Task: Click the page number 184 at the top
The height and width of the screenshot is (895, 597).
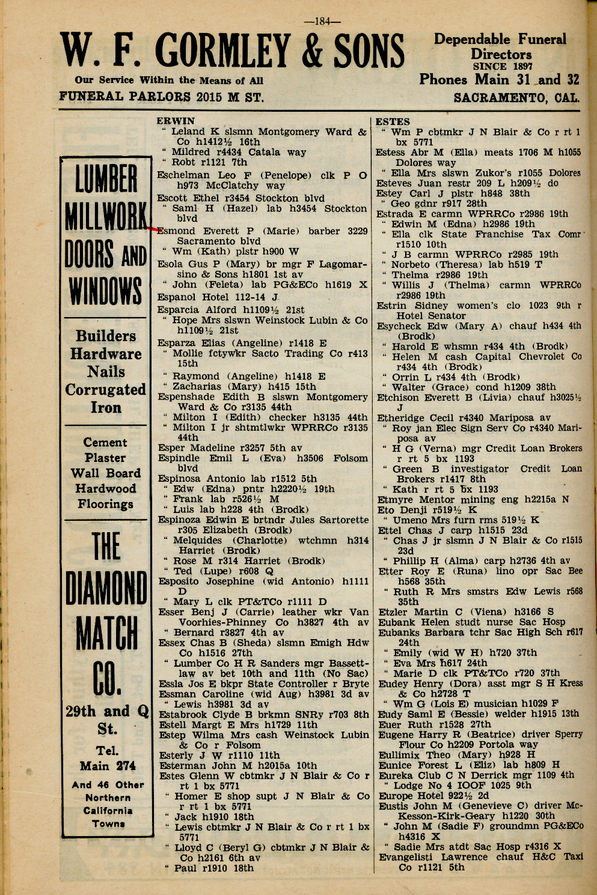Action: tap(323, 22)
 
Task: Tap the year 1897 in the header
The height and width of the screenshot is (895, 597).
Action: tap(519, 66)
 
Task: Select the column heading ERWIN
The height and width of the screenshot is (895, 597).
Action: tap(176, 121)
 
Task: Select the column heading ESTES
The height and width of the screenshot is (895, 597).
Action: tap(393, 121)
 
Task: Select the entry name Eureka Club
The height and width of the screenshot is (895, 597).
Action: tap(406, 775)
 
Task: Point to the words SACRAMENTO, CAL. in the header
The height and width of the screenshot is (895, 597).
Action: tap(516, 97)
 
